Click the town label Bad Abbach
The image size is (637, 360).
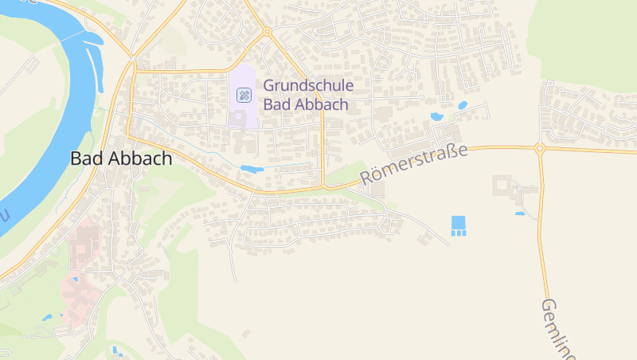coord(121,158)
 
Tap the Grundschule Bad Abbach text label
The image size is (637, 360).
coord(307,94)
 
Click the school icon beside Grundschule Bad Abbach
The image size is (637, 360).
coord(244,96)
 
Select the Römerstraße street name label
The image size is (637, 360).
coord(414,162)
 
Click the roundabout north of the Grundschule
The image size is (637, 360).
coord(268,32)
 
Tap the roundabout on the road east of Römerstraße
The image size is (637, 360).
coord(539,148)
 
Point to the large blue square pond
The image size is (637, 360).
coord(457,221)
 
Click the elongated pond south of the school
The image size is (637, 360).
coord(252,169)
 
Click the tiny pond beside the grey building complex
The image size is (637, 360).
coord(520,213)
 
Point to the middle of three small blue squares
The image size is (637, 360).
coord(457,233)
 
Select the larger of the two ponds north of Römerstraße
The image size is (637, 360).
coord(436,117)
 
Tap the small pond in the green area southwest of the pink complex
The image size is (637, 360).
coord(48,317)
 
